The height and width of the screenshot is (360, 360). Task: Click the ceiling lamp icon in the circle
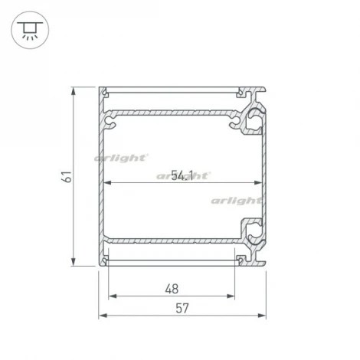tap(28, 28)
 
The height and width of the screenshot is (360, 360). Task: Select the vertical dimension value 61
tap(67, 176)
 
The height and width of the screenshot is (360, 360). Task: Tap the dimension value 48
tap(172, 289)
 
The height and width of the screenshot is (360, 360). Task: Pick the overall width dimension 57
tap(182, 309)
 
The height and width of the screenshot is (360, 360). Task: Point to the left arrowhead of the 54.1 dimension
tap(106, 183)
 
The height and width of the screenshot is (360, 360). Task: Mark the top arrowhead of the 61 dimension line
tap(74, 90)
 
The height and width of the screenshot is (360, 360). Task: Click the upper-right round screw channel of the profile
tap(251, 121)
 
